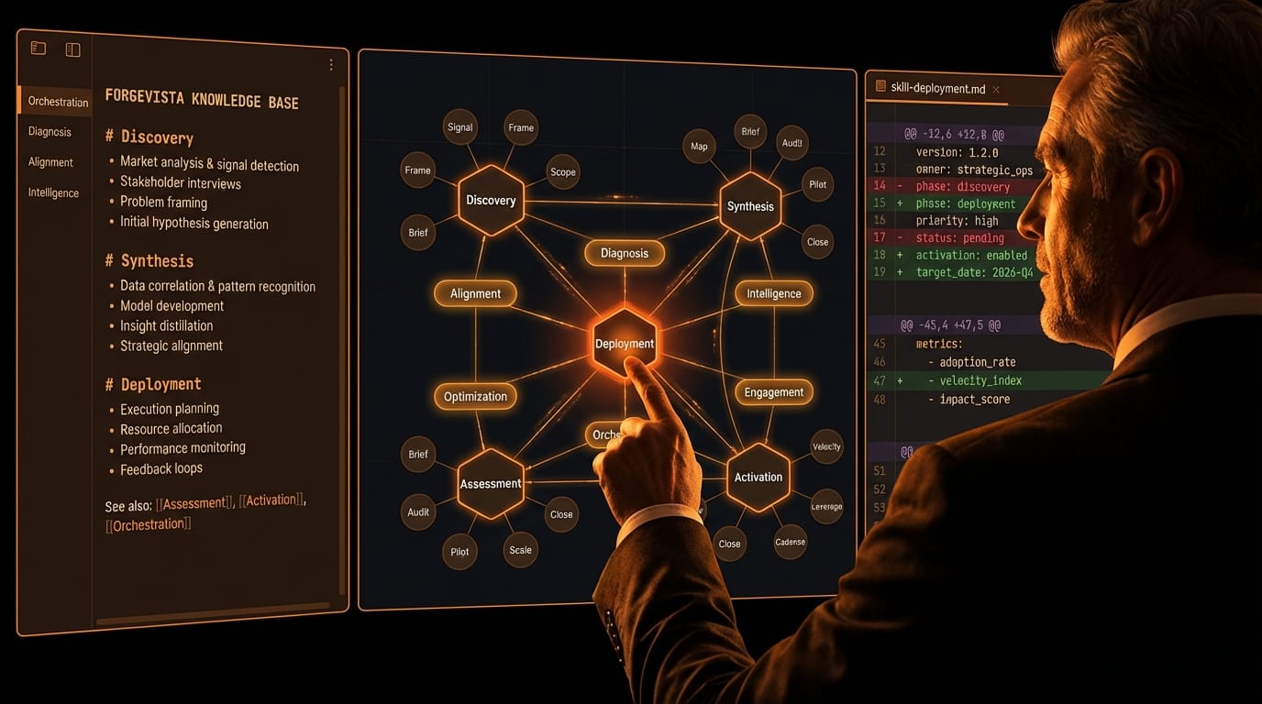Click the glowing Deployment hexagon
625,344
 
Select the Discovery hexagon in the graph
491,200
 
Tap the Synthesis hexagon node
750,206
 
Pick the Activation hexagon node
758,477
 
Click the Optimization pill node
475,396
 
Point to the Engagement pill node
774,392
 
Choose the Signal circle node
460,127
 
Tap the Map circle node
699,147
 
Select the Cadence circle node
790,542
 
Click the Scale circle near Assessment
520,550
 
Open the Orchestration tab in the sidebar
58,102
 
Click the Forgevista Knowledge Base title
202,100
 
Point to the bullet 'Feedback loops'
161,468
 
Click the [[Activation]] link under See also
271,500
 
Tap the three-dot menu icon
331,65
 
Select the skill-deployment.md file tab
936,88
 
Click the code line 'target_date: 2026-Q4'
974,272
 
